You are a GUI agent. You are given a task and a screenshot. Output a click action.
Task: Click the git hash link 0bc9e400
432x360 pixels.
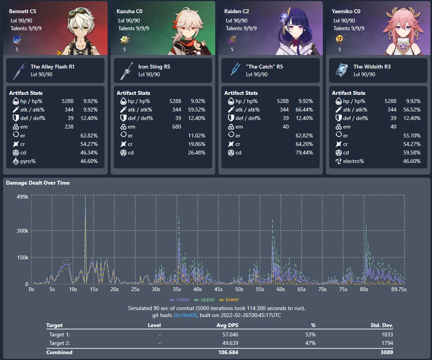click(x=185, y=315)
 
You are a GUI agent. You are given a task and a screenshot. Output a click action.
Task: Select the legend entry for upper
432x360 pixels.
click(x=206, y=299)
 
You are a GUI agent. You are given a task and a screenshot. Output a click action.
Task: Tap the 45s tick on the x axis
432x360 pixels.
click(x=218, y=290)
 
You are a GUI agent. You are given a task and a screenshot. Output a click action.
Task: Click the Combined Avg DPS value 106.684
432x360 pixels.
click(x=228, y=352)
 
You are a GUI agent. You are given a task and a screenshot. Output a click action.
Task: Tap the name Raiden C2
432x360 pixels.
click(x=237, y=11)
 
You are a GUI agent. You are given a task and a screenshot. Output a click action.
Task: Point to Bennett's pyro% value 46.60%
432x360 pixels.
click(x=89, y=161)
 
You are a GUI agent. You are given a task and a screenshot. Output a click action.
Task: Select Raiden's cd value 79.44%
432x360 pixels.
click(x=304, y=153)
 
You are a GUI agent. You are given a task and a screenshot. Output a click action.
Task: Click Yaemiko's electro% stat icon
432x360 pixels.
click(x=337, y=161)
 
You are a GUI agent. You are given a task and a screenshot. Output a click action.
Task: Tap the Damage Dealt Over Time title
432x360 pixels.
click(x=38, y=183)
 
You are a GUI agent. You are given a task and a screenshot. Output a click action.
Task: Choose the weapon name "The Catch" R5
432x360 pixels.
click(x=264, y=67)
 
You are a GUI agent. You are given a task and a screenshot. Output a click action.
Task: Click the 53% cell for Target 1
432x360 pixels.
click(x=310, y=334)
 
